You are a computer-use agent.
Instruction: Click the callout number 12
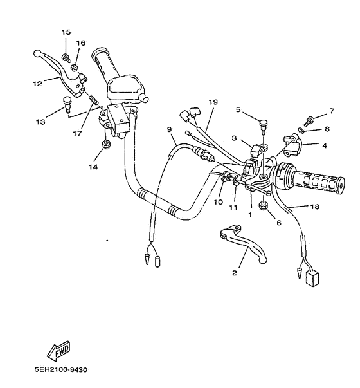tap(37, 83)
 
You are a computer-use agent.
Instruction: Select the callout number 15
tap(66, 32)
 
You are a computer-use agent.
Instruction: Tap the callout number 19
tap(213, 102)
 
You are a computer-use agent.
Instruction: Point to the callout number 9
tap(170, 130)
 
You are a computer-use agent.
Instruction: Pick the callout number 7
tap(332, 111)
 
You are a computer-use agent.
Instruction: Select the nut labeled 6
tap(264, 207)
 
